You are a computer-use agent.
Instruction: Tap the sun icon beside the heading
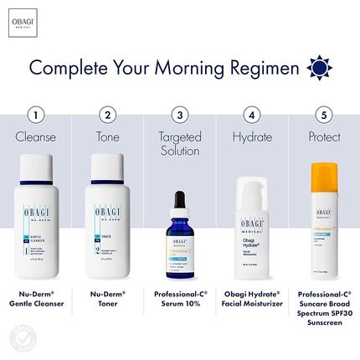pos(318,66)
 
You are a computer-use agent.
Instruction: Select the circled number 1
pos(34,115)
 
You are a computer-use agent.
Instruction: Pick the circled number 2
pos(106,115)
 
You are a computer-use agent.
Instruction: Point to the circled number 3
pos(178,115)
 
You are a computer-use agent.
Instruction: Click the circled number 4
pos(250,115)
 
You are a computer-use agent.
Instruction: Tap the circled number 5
pos(322,115)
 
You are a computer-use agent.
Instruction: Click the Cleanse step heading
pos(35,135)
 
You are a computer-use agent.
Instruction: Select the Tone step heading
pos(106,135)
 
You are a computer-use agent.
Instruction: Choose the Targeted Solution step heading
pos(178,142)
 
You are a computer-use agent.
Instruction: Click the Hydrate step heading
pos(250,135)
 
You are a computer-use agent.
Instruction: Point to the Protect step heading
pos(322,135)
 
